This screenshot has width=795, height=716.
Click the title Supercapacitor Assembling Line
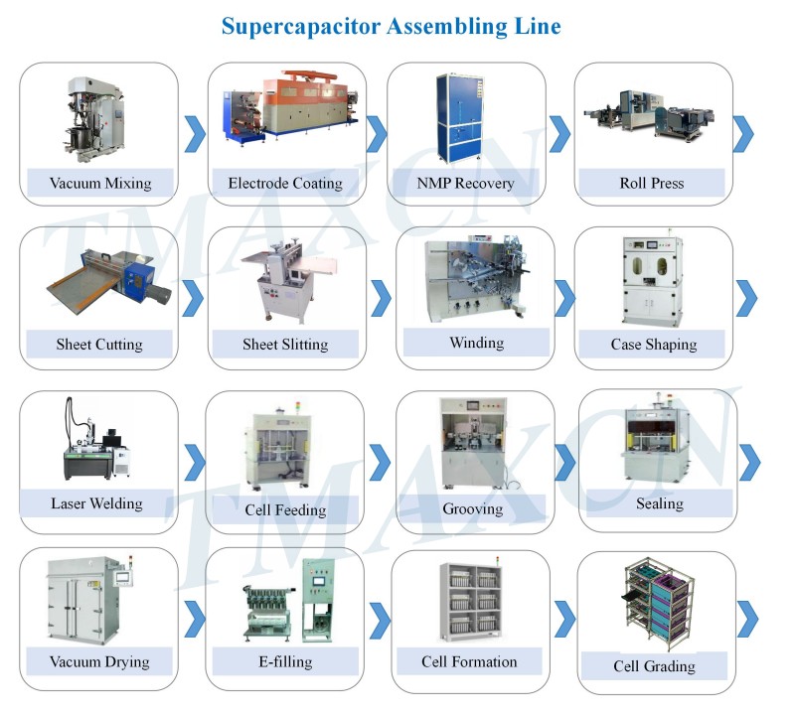[391, 26]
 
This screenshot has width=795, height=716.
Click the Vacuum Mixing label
[99, 183]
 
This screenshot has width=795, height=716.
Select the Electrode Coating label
[285, 183]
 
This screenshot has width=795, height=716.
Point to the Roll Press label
[651, 183]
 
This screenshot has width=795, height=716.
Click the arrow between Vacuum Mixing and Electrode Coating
[195, 133]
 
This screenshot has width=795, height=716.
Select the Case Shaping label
[653, 345]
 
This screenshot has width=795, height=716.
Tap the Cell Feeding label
[285, 509]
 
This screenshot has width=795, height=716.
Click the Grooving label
[472, 508]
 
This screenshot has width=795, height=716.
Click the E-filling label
[285, 661]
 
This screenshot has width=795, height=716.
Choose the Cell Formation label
[469, 661]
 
